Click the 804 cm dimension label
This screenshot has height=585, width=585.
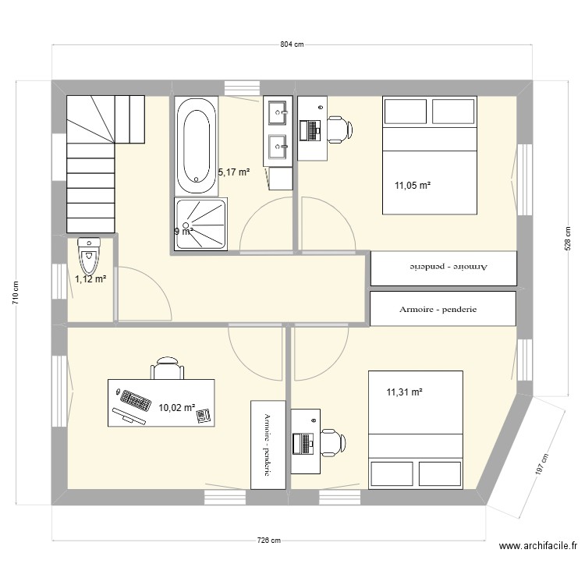tap(292, 44)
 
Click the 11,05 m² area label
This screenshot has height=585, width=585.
tap(413, 186)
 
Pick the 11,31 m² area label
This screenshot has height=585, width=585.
tap(404, 392)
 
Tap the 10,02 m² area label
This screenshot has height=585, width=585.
tap(177, 407)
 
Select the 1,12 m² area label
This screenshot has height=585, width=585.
tap(90, 278)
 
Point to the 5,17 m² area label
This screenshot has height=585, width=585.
tap(234, 172)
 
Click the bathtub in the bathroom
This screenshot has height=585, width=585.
tap(195, 147)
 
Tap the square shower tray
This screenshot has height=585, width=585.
tap(202, 224)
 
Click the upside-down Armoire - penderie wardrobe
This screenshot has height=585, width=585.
tap(442, 268)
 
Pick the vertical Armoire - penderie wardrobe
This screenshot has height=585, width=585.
tap(264, 444)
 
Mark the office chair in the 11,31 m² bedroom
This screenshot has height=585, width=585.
tap(333, 442)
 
